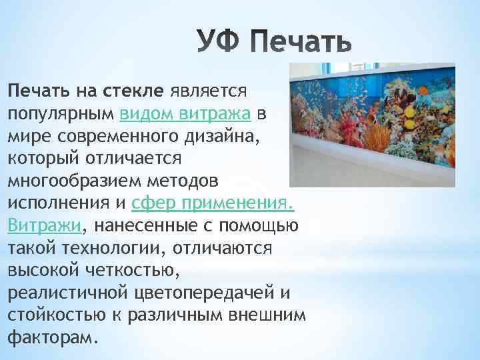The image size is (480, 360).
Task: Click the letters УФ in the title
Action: pos(219,42)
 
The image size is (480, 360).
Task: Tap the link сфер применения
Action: pos(213,203)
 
